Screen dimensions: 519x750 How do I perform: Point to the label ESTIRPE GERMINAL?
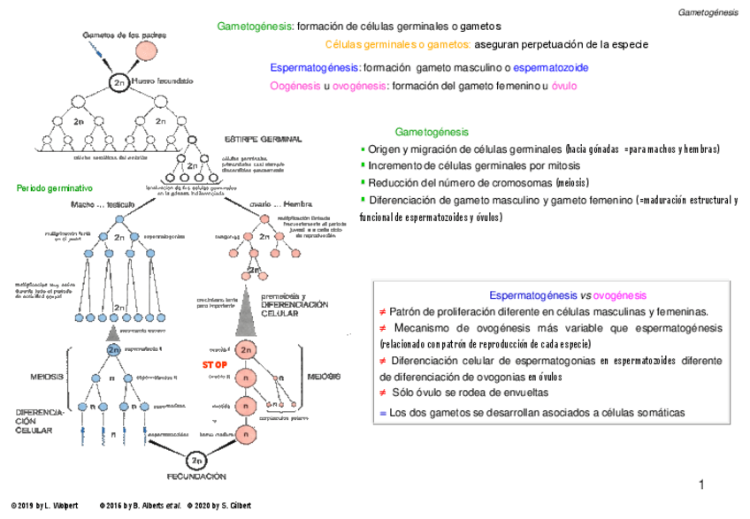pos(263,139)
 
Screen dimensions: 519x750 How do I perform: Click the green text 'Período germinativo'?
pos(54,189)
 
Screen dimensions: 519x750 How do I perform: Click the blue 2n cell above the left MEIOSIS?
pos(114,349)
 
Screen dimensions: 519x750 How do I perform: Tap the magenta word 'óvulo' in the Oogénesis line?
pos(563,86)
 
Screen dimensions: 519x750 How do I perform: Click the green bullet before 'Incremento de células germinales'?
pos(362,165)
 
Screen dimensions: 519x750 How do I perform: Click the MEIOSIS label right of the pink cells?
pos(324,377)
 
